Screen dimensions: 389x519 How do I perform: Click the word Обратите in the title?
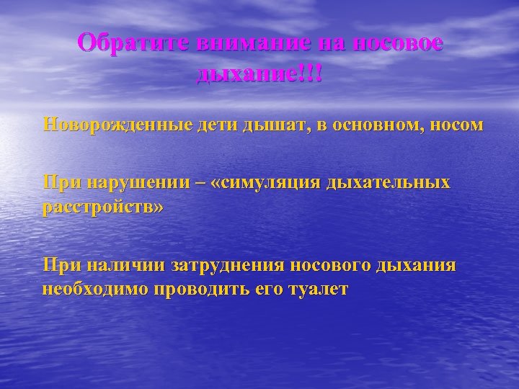(x=130, y=43)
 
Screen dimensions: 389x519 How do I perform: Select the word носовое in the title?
(x=396, y=43)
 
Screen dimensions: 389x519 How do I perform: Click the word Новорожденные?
(x=117, y=125)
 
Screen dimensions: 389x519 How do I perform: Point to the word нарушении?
(x=137, y=184)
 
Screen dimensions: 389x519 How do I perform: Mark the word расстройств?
(x=100, y=208)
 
